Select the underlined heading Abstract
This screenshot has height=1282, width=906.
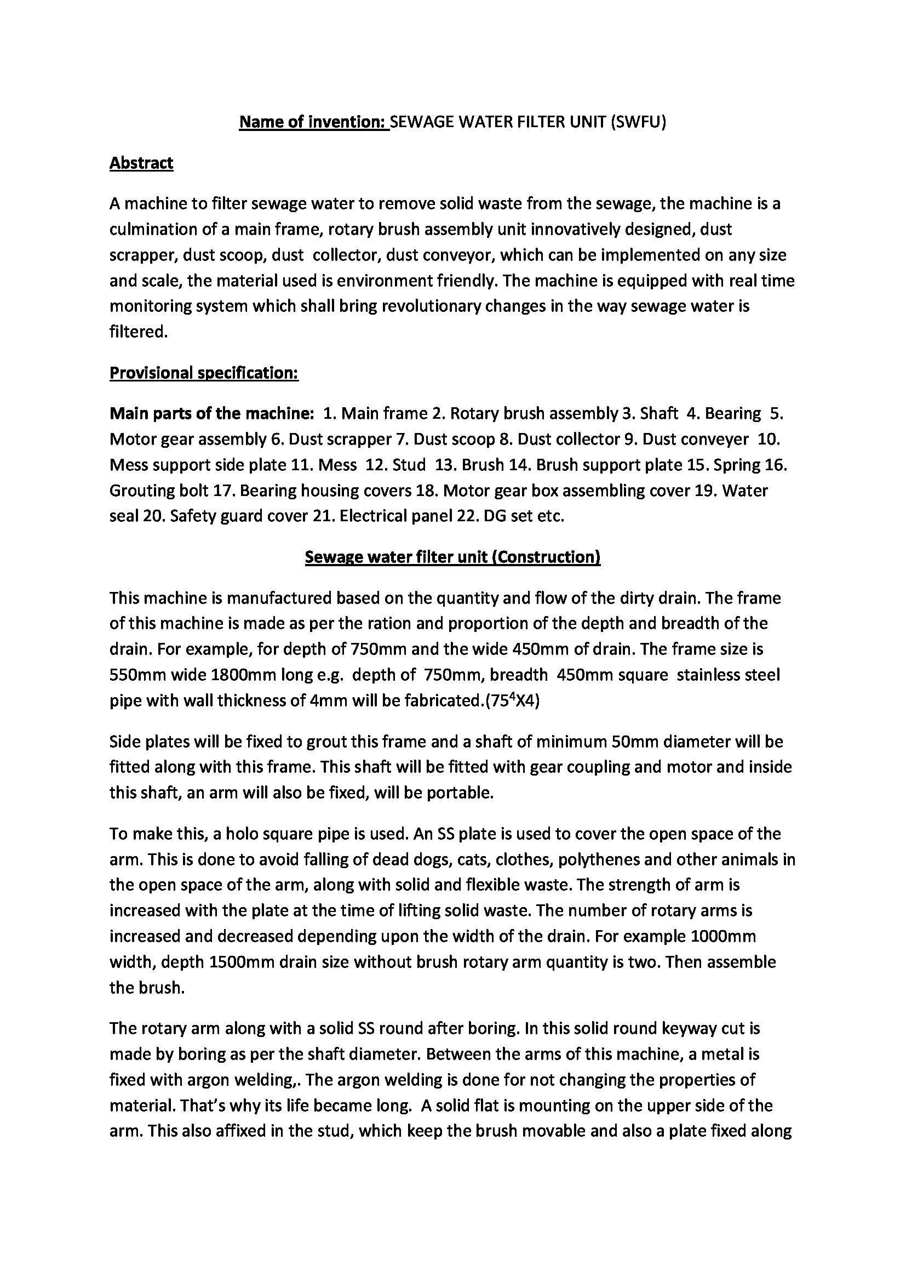141,163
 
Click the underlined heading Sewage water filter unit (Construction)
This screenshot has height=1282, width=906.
452,557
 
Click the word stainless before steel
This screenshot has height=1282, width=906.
709,675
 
